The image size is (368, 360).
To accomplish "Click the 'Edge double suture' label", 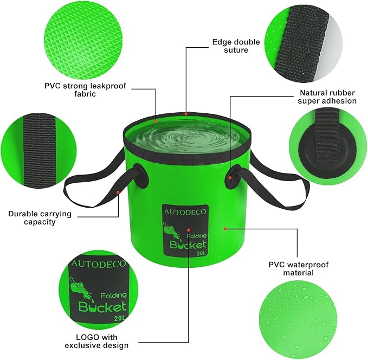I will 230,45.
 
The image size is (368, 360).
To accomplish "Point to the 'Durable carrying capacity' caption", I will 40,217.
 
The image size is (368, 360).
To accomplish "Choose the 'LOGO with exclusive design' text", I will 96,341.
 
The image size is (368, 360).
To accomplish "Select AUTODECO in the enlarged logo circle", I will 98,264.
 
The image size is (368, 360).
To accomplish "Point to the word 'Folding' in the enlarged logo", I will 113,294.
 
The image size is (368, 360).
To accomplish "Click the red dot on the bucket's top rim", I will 185,114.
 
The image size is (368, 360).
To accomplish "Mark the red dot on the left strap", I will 118,192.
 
